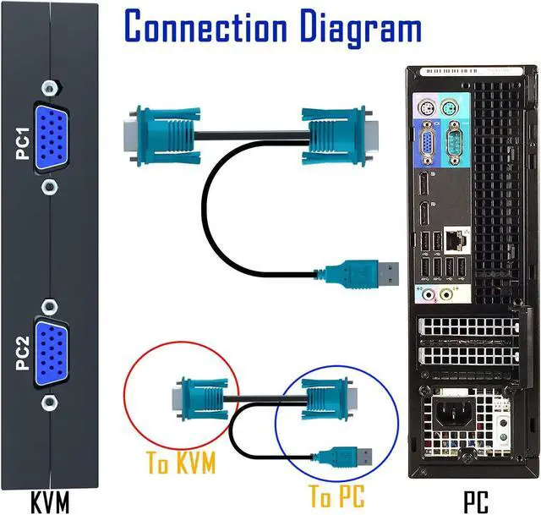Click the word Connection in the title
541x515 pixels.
[206, 26]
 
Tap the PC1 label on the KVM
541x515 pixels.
[23, 144]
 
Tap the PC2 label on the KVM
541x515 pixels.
[23, 353]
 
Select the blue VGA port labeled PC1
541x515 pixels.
[51, 137]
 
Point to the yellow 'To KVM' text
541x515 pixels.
[181, 463]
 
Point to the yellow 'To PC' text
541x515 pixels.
[336, 496]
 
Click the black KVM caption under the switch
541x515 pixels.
[51, 501]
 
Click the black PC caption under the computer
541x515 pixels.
[475, 501]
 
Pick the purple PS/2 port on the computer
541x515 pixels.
[426, 109]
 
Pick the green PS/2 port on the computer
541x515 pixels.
[448, 109]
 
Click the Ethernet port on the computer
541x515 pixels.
[455, 239]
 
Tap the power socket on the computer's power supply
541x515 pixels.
[451, 414]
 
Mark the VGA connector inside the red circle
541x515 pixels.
[199, 399]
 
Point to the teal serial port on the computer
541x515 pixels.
[455, 143]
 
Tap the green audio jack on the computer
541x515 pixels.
[447, 295]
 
